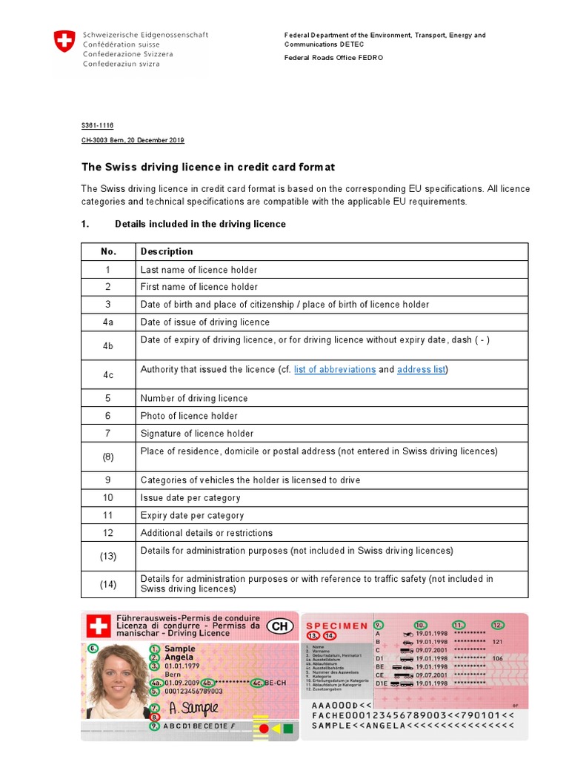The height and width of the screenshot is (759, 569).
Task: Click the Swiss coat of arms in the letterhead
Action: pos(64,42)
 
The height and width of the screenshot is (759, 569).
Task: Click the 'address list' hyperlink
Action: pos(422,369)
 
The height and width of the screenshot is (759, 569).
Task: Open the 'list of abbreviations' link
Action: pos(335,369)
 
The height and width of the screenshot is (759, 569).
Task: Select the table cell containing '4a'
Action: pos(108,322)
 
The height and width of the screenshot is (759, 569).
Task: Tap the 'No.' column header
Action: pos(108,251)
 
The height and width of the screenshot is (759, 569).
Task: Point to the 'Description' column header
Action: pos(167,251)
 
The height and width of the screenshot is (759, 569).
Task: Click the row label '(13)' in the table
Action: pos(108,556)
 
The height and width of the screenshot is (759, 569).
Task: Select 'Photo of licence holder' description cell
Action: pos(189,416)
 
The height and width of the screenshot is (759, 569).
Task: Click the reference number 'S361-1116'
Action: pos(97,126)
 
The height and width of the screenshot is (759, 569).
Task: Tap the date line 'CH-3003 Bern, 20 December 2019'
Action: pos(133,140)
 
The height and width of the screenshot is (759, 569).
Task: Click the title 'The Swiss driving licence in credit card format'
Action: pos(207,168)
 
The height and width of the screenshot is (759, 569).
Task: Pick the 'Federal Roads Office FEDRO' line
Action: pos(334,58)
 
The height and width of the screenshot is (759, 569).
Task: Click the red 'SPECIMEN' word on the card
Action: pos(337,626)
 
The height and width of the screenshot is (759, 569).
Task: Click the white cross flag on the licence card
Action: pos(98,627)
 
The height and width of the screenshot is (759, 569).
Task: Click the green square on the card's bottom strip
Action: pos(287,729)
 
